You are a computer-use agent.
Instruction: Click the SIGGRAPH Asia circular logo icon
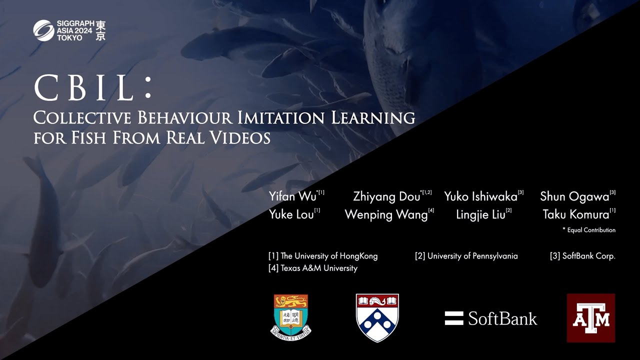click(x=43, y=30)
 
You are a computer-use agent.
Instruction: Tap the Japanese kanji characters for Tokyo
click(x=100, y=30)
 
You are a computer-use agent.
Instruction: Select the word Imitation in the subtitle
click(x=281, y=117)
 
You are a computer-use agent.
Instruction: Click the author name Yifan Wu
click(x=292, y=196)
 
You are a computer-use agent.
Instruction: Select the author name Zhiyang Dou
click(x=386, y=196)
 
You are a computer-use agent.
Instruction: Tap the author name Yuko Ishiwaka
click(x=480, y=196)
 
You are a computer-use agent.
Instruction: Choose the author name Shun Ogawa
click(x=574, y=196)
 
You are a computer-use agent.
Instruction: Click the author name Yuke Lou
click(x=291, y=214)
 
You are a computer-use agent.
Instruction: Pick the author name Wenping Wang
click(x=386, y=214)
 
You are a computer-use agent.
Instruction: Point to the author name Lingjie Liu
click(x=480, y=214)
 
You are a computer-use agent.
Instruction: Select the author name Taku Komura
click(x=576, y=214)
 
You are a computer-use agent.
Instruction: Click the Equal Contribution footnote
click(x=589, y=230)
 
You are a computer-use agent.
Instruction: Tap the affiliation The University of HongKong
click(x=323, y=256)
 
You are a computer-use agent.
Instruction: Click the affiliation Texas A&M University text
click(x=313, y=268)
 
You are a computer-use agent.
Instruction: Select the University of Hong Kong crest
click(x=291, y=317)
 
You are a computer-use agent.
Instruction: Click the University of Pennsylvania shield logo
click(x=377, y=317)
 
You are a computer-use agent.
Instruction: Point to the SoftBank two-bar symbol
click(x=454, y=318)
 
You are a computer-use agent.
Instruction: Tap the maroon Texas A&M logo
click(x=591, y=317)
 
